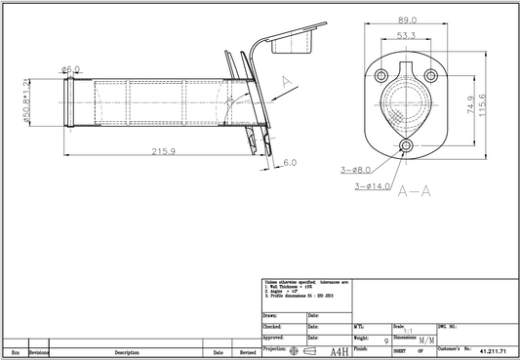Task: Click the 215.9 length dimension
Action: click(x=164, y=151)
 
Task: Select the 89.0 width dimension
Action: click(x=408, y=20)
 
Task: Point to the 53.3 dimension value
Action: click(x=407, y=36)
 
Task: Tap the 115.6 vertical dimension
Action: click(x=496, y=100)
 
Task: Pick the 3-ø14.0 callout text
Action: click(x=373, y=185)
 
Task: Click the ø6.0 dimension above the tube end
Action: click(x=71, y=69)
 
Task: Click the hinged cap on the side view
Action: click(x=293, y=40)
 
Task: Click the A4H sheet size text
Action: click(x=340, y=350)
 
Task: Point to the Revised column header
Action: click(x=247, y=352)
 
